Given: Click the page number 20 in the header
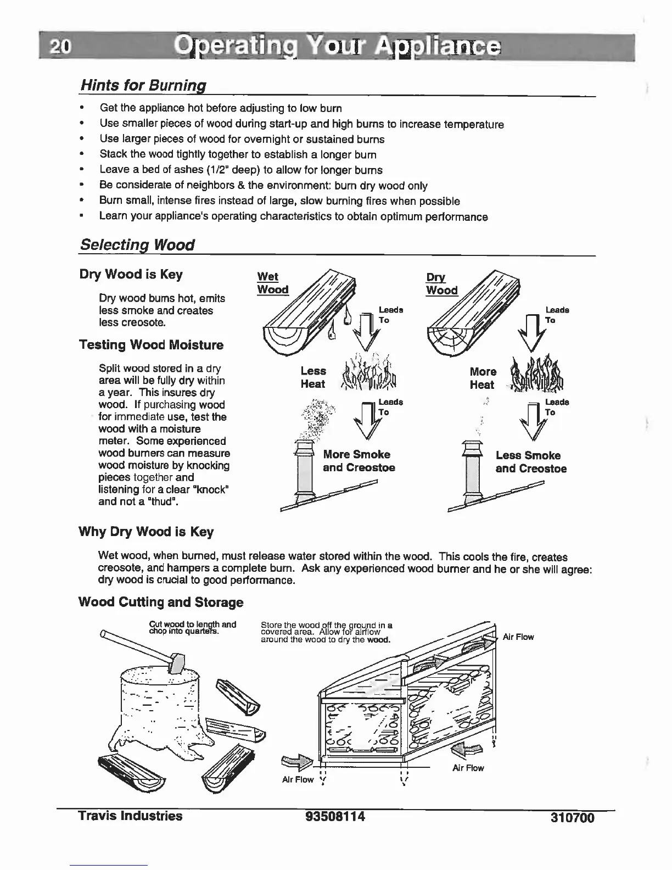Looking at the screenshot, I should pyautogui.click(x=58, y=48).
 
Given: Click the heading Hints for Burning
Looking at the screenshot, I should pyautogui.click(x=143, y=86).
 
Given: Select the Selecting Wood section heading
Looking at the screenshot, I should pyautogui.click(x=137, y=245).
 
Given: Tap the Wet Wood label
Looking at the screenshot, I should pyautogui.click(x=272, y=283).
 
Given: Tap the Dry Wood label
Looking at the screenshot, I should pyautogui.click(x=441, y=283).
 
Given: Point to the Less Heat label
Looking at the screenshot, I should pyautogui.click(x=313, y=378).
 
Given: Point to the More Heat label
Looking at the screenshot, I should pyautogui.click(x=483, y=378).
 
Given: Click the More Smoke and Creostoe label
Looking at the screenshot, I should pyautogui.click(x=358, y=461).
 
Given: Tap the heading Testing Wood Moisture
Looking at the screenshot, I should pyautogui.click(x=151, y=345).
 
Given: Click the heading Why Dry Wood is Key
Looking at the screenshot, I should pyautogui.click(x=146, y=532).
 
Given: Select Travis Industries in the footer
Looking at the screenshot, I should pyautogui.click(x=130, y=816).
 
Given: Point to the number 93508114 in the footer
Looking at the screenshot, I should pyautogui.click(x=335, y=817).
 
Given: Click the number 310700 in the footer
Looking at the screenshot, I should pyautogui.click(x=572, y=818).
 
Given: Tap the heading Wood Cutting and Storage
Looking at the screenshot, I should pyautogui.click(x=161, y=602).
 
